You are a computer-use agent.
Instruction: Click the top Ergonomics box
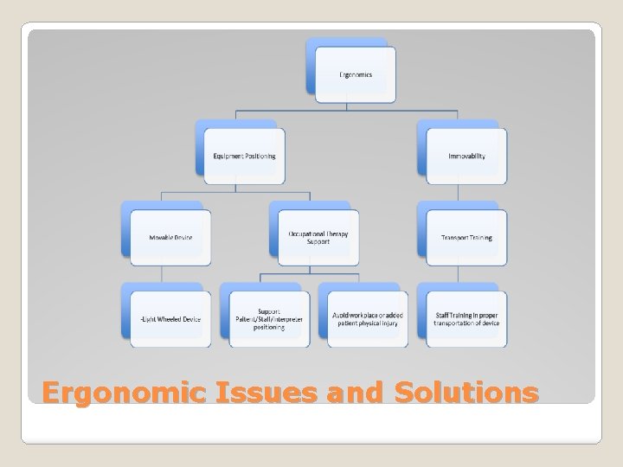(355, 74)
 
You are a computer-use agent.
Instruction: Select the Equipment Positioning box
(244, 157)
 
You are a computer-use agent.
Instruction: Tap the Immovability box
(466, 157)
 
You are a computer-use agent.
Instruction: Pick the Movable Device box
(170, 238)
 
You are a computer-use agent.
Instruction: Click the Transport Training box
(466, 238)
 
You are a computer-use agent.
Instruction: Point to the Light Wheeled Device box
(170, 319)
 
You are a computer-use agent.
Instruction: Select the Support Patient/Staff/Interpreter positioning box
(269, 319)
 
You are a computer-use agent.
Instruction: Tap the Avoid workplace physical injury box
(368, 319)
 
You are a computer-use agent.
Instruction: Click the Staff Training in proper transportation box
(466, 319)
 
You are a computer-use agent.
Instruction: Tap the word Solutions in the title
(466, 393)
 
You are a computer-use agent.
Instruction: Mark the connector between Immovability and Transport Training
(466, 193)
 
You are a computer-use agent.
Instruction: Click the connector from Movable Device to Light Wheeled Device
(162, 275)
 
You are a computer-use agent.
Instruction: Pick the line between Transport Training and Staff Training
(466, 275)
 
